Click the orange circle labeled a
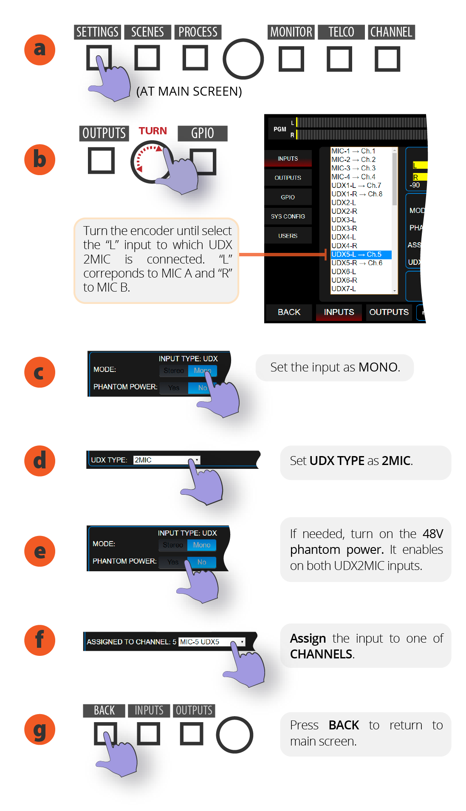(40, 50)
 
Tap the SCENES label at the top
(147, 32)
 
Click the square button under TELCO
(339, 59)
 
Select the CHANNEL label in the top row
(391, 32)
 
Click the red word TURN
(153, 131)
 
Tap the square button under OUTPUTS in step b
(101, 161)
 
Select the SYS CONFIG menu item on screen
(288, 216)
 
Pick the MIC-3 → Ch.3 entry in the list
(353, 168)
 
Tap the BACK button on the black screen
(289, 312)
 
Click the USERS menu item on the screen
(288, 236)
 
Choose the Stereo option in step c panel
(174, 371)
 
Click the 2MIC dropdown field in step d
(166, 460)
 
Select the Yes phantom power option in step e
(173, 562)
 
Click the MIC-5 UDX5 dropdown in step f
(212, 642)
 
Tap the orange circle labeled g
(40, 729)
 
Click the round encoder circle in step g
(234, 735)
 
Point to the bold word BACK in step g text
(344, 725)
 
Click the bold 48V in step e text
(432, 534)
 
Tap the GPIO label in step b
(202, 133)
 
